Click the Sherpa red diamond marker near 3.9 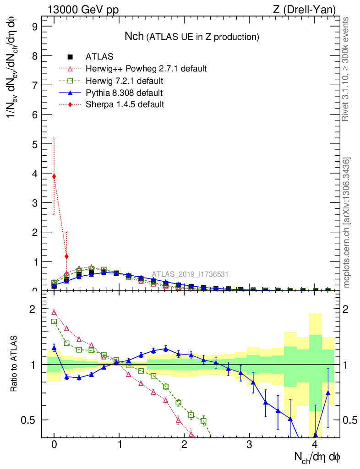tap(54, 176)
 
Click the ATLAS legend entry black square tap(71, 57)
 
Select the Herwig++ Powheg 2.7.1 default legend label tap(146, 69)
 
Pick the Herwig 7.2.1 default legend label tap(124, 81)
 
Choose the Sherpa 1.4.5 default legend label tap(125, 105)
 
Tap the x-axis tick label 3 tap(250, 445)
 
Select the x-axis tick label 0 tap(54, 445)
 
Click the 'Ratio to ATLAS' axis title tap(14, 365)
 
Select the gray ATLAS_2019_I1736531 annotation tap(190, 274)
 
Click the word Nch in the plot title tap(135, 36)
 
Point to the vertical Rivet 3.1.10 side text tap(346, 69)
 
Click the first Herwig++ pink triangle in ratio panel tap(54, 312)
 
